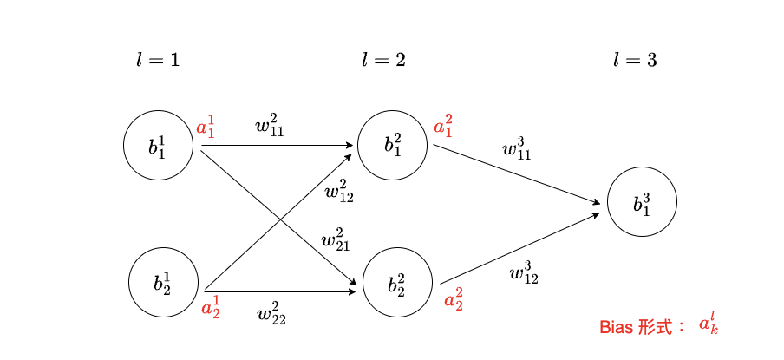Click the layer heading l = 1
click(x=158, y=61)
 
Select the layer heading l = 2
click(x=383, y=61)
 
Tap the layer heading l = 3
click(x=635, y=61)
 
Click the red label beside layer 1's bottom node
click(x=211, y=308)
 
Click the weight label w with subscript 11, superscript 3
click(x=517, y=151)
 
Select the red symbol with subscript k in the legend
click(x=709, y=325)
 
